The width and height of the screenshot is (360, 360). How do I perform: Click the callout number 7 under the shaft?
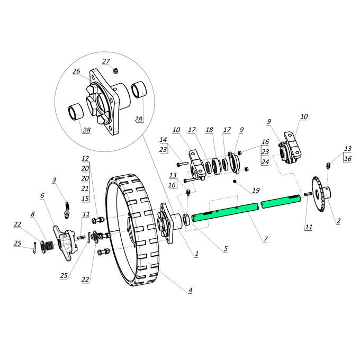point(266,239)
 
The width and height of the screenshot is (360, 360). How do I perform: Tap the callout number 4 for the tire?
point(191,290)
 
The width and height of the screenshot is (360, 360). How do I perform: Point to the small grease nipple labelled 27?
point(116,70)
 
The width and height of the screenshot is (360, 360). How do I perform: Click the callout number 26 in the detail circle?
point(76,71)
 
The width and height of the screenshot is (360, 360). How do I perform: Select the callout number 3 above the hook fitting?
point(54,180)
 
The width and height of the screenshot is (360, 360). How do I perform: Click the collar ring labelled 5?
point(187,220)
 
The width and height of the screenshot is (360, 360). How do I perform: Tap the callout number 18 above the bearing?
point(209,130)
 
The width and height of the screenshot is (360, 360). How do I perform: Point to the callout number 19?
point(256,190)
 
